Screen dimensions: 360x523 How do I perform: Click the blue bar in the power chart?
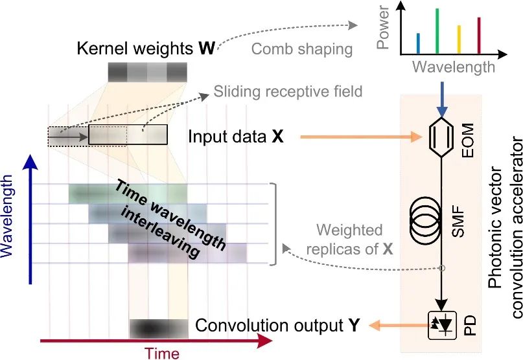pos(419,43)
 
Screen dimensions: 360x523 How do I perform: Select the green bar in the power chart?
pos(437,31)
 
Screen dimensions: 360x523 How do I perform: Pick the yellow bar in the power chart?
pos(459,39)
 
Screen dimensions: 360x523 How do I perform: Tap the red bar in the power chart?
pos(479,36)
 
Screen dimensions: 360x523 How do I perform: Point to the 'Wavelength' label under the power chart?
pos(454,67)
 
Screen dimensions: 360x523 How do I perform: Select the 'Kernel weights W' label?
pos(146,48)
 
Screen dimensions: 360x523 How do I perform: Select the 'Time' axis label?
pos(162,352)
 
